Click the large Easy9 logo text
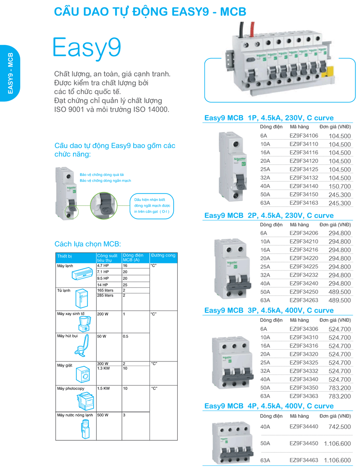pos(87,47)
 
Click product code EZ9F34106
pos(304,136)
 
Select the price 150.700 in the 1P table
pos(339,186)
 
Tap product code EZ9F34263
pos(304,300)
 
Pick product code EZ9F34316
pos(304,346)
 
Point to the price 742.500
pos(339,427)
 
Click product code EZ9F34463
pos(304,460)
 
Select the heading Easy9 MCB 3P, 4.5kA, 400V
pos(269,311)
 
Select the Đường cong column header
pos(163,256)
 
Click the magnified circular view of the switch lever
pos(104,205)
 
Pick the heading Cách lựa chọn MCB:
pos(88,244)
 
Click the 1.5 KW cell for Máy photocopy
pos(103,388)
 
